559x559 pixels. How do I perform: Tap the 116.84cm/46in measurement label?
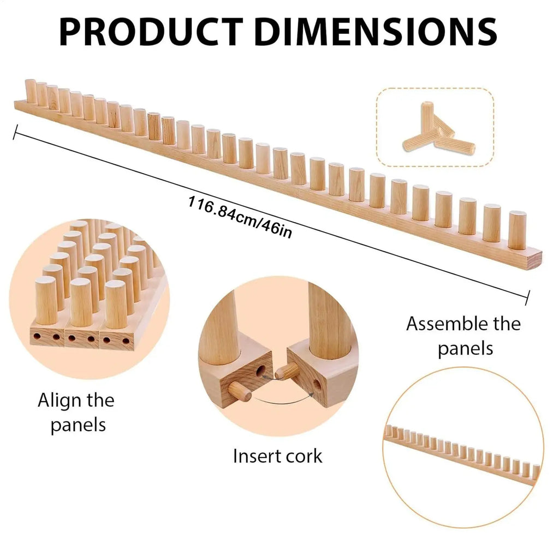pyautogui.click(x=240, y=217)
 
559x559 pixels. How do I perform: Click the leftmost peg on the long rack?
pyautogui.click(x=31, y=91)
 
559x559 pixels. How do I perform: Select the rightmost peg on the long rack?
pyautogui.click(x=518, y=230)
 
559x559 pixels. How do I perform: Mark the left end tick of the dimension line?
pyautogui.click(x=15, y=132)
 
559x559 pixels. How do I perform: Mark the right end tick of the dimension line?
pyautogui.click(x=528, y=298)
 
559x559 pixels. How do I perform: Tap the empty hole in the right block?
pyautogui.click(x=317, y=385)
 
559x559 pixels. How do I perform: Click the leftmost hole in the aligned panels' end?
pyautogui.click(x=37, y=336)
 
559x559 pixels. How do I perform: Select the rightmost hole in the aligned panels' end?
pyautogui.click(x=126, y=341)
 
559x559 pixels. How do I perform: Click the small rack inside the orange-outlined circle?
pyautogui.click(x=462, y=455)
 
